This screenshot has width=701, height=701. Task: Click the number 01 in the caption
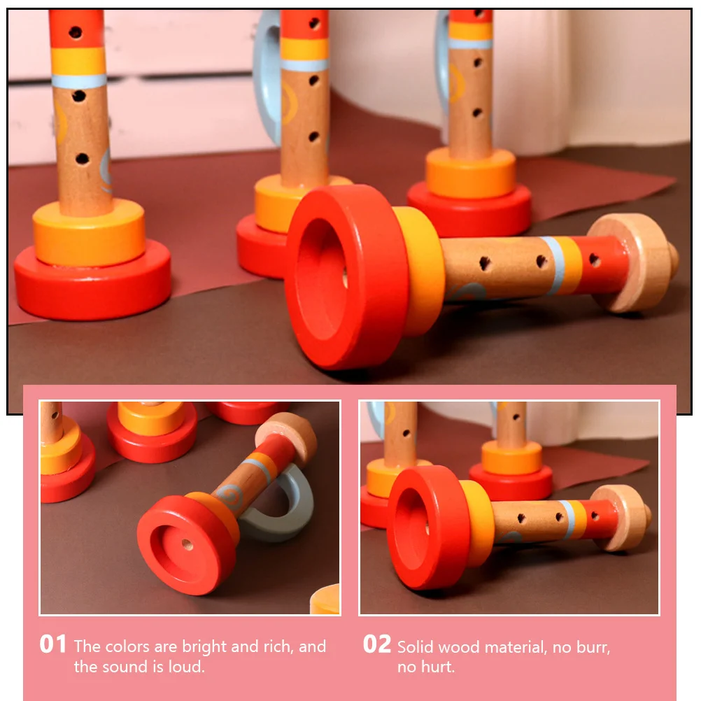tap(52, 644)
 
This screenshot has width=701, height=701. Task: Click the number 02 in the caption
tap(376, 644)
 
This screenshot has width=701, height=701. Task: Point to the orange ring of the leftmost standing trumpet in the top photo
tap(89, 234)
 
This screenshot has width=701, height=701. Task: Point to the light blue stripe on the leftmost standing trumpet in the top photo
tap(79, 80)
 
